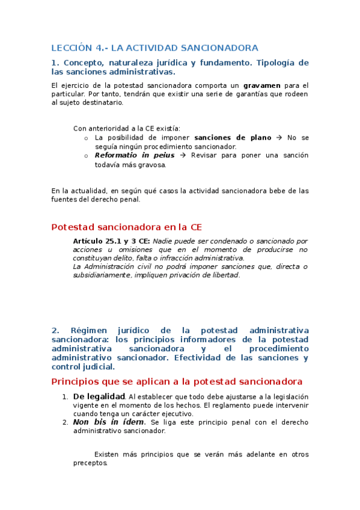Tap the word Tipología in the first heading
(279, 63)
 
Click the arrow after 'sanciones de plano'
(278, 138)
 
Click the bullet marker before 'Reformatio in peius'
(87, 156)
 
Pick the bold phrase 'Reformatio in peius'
(135, 155)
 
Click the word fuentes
(64, 200)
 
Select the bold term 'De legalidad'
(99, 396)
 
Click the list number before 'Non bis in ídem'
(66, 422)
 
